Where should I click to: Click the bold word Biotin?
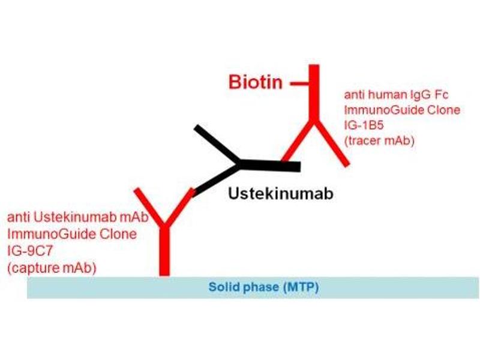tap(256, 82)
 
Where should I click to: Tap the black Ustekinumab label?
tap(280, 193)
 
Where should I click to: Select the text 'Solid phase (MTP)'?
tap(263, 287)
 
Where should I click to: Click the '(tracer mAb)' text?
tap(379, 140)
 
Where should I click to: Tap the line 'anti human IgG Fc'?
tap(396, 95)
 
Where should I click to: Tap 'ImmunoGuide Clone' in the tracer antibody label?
tap(402, 110)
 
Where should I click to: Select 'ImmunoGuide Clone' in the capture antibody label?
tap(71, 233)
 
